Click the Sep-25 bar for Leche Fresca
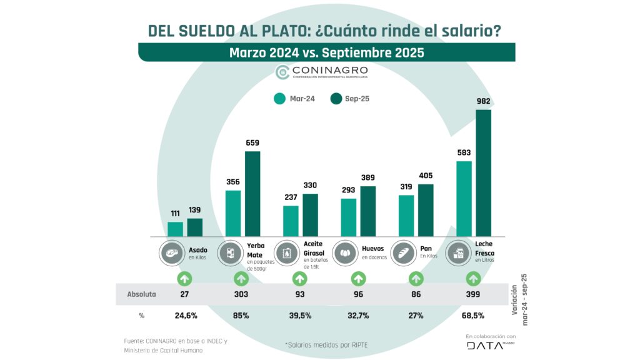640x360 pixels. click(483, 173)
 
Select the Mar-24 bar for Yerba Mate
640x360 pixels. click(233, 213)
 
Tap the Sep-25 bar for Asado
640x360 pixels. click(195, 227)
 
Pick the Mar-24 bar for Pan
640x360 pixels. click(406, 216)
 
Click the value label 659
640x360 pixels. click(252, 142)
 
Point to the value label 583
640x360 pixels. click(464, 152)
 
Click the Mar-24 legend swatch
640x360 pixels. click(279, 98)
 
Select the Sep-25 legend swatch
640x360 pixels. click(336, 98)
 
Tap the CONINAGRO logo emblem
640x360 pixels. click(282, 72)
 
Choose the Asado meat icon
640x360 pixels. click(171, 253)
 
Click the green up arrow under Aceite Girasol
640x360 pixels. click(301, 278)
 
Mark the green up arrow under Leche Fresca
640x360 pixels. click(473, 278)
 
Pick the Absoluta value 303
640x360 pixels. click(242, 293)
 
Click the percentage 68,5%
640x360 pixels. click(473, 315)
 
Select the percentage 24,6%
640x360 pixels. click(185, 315)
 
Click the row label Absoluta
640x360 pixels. click(141, 293)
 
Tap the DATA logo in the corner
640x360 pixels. click(485, 346)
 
